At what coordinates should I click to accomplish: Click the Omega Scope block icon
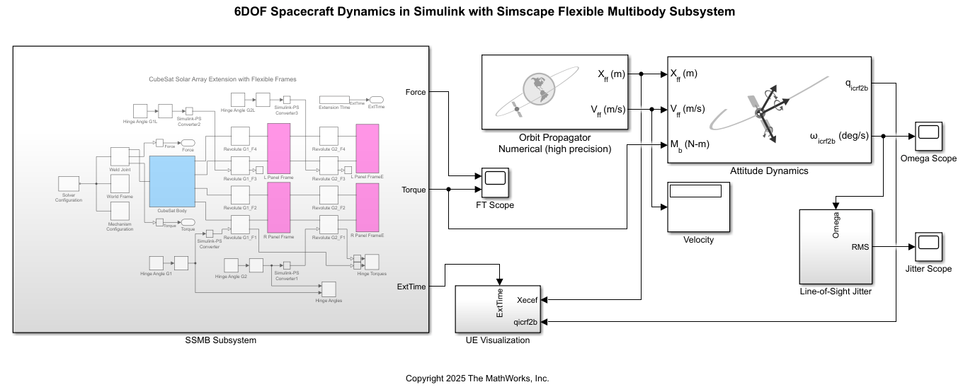tap(928, 136)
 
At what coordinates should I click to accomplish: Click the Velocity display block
tap(698, 207)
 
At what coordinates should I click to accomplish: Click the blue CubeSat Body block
tap(172, 182)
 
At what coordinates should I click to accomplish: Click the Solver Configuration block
tap(68, 184)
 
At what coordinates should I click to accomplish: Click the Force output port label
tap(416, 92)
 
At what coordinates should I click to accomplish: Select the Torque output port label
tap(414, 190)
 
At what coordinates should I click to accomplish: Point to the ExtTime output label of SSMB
tap(411, 287)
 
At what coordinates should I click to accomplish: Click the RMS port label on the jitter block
tap(860, 247)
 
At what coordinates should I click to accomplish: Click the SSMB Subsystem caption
tap(221, 340)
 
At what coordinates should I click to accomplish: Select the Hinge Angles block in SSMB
tap(329, 289)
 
